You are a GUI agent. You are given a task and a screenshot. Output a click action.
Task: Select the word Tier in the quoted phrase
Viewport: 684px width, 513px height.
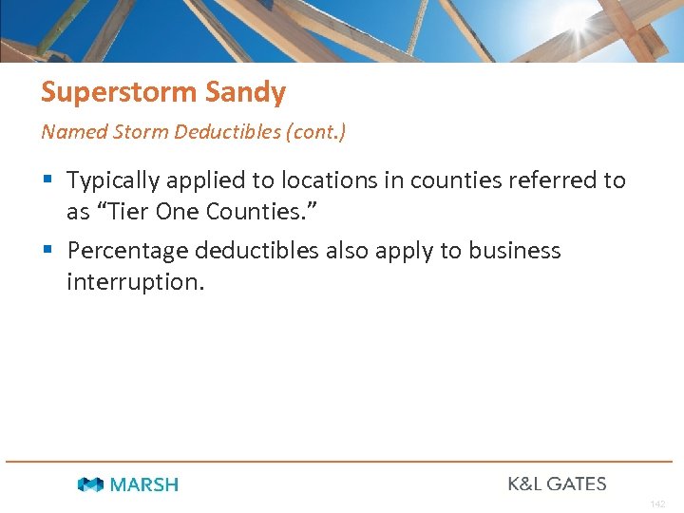coord(126,211)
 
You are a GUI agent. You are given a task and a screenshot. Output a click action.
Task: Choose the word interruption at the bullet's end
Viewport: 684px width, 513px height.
coord(135,282)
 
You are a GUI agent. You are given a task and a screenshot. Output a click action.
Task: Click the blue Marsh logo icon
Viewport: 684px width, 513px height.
coord(91,484)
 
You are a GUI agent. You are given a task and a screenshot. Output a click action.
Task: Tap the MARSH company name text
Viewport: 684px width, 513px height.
coord(143,484)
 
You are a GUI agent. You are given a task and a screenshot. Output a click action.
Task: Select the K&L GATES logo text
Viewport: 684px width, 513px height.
coord(557,484)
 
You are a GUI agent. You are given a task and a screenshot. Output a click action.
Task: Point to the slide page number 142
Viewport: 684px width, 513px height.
coord(658,503)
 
